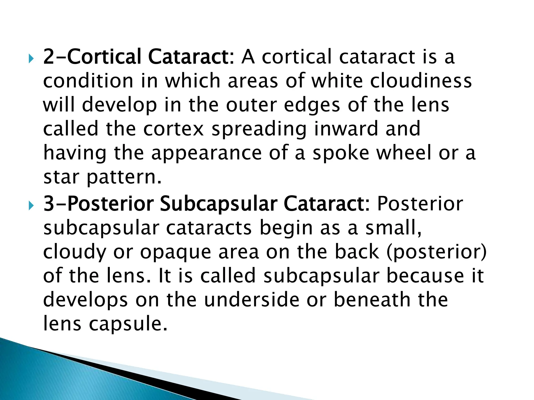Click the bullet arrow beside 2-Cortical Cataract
coord(31,59)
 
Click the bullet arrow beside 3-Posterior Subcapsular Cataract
coord(31,206)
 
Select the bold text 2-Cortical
coord(92,57)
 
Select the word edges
coord(312,105)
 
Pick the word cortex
coord(173,129)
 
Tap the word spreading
coord(259,129)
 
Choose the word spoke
coord(341,153)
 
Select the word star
coord(61,177)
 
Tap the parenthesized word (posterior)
coord(437,252)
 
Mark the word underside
coord(252,299)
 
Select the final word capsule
coord(128,324)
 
